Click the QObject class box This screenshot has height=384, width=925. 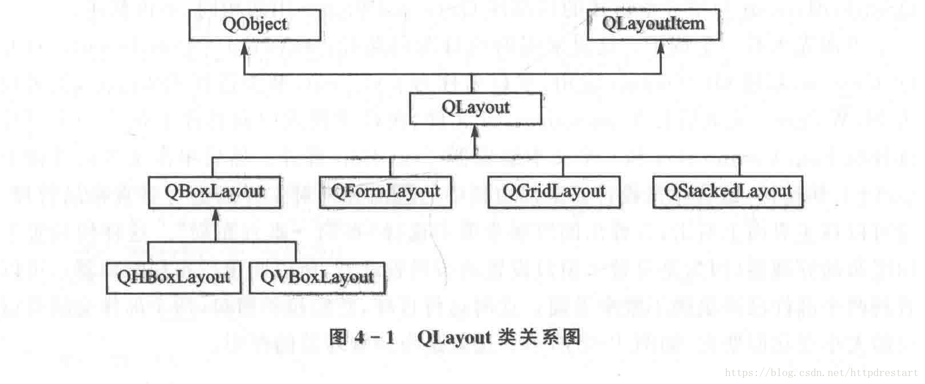255,24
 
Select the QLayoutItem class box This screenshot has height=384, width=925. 653,24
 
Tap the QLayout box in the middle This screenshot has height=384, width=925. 475,108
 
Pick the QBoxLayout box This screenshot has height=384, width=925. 214,191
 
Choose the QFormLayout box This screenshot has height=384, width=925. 385,191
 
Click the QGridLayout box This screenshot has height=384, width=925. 554,191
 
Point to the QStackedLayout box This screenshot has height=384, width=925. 727,191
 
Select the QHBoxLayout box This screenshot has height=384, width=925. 173,277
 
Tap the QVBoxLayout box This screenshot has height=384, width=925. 317,277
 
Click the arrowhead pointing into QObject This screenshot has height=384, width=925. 244,48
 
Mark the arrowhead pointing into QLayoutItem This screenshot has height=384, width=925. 661,47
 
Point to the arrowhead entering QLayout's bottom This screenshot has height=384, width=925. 474,132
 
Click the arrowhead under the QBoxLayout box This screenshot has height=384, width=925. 215,215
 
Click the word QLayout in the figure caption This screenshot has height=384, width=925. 454,337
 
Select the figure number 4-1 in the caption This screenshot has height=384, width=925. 374,337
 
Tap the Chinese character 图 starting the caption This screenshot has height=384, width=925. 338,337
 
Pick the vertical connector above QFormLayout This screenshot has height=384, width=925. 390,166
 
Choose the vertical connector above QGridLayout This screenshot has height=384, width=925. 563,166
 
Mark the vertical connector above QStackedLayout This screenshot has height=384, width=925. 739,166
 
